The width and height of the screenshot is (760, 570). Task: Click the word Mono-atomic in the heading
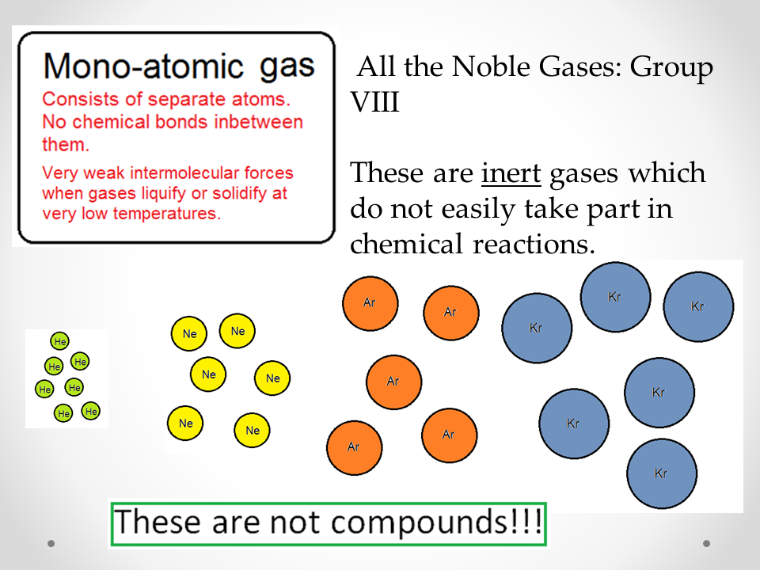[143, 66]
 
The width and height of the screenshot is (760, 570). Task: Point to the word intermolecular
[184, 173]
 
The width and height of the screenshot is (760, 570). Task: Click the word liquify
[164, 193]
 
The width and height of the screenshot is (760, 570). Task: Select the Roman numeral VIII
[374, 102]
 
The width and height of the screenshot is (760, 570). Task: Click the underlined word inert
[511, 173]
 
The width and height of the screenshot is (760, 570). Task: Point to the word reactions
[534, 244]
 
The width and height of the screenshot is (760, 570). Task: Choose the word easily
[477, 210]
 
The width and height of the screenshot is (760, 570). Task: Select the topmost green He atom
[59, 341]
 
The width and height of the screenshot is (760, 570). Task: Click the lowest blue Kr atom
[662, 473]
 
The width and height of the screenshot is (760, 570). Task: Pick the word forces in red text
[268, 173]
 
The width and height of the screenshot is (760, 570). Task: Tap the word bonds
[184, 122]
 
